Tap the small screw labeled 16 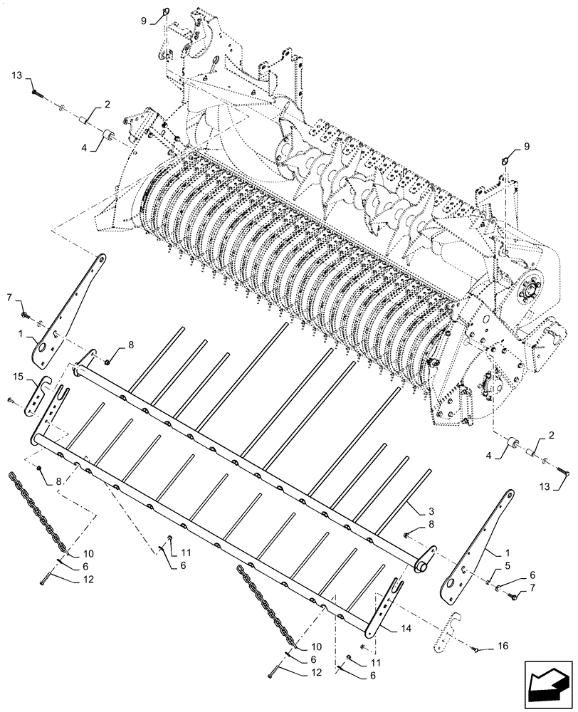pos(475,649)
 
